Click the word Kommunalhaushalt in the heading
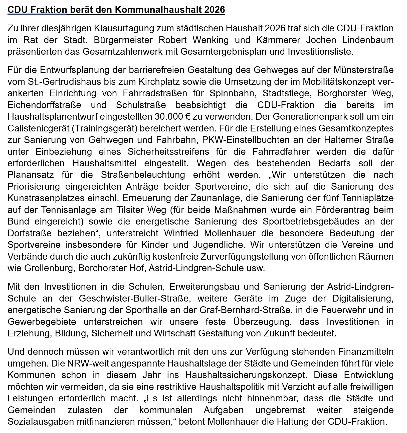coord(158,10)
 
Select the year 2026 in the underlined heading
coord(215,10)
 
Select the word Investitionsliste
coord(320,51)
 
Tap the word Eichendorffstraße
coord(44,105)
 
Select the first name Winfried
coord(181,233)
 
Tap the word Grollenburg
coord(48,268)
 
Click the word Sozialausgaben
coord(41,421)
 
